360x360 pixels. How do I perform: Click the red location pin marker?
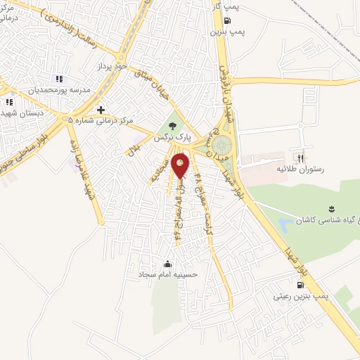(181, 165)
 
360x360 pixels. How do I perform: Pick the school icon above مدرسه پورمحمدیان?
(59, 79)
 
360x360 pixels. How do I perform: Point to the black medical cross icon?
(102, 110)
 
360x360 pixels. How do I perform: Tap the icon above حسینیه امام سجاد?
(167, 264)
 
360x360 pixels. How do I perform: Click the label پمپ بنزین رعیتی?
(302, 297)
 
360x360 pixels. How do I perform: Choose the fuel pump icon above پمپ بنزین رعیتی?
(302, 285)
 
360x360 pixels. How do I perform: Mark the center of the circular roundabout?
(224, 145)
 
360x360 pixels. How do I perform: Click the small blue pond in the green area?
(284, 226)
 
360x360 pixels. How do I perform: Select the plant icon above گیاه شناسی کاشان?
(331, 209)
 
